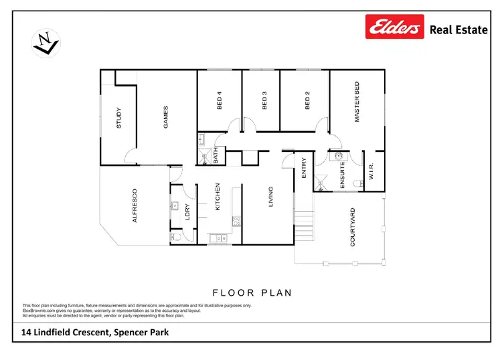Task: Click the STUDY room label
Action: (x=118, y=118)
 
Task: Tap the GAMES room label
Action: (x=165, y=117)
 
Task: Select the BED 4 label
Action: (x=219, y=101)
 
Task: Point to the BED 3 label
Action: (x=264, y=101)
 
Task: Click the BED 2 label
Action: (x=307, y=101)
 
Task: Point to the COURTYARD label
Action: (x=352, y=228)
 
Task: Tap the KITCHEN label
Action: (x=218, y=197)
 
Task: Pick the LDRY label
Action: (x=188, y=211)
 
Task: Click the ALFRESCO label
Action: (x=135, y=205)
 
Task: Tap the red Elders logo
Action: (x=394, y=28)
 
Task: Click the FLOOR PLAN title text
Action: (x=252, y=292)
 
